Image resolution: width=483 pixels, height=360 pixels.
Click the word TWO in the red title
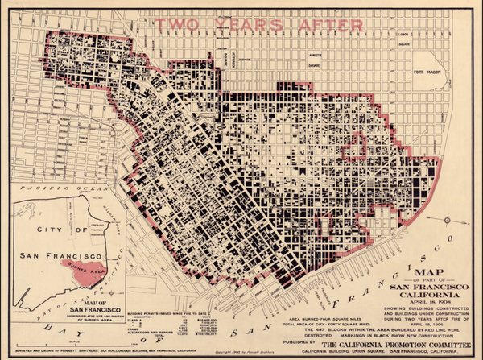184,25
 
